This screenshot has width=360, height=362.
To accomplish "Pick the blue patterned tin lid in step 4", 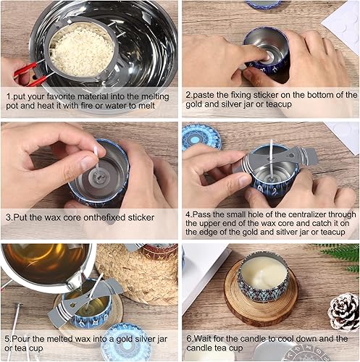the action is click(x=201, y=136).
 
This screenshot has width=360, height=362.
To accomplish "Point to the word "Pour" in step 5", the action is click(x=21, y=339).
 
